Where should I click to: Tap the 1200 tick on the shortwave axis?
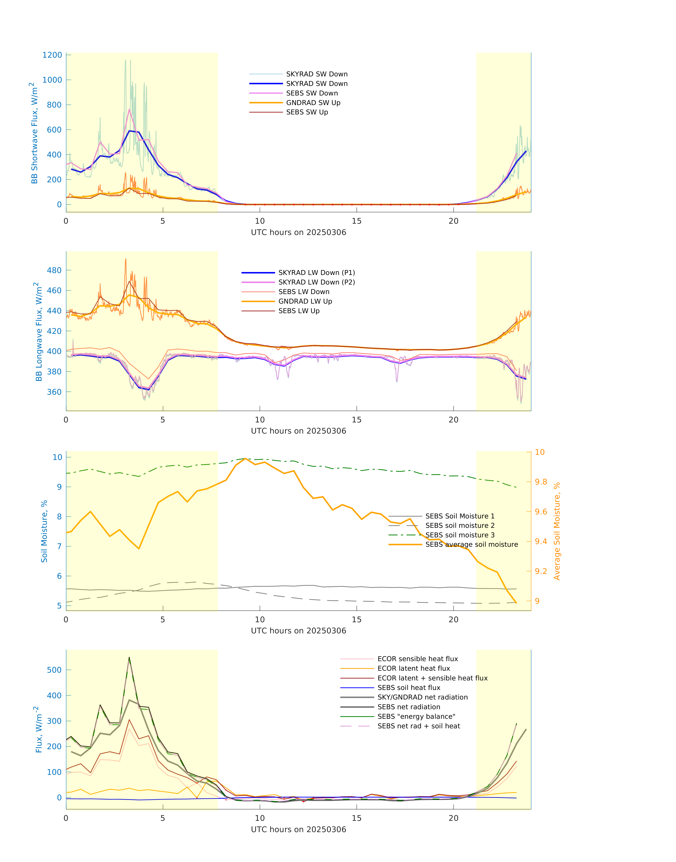click(x=52, y=55)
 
